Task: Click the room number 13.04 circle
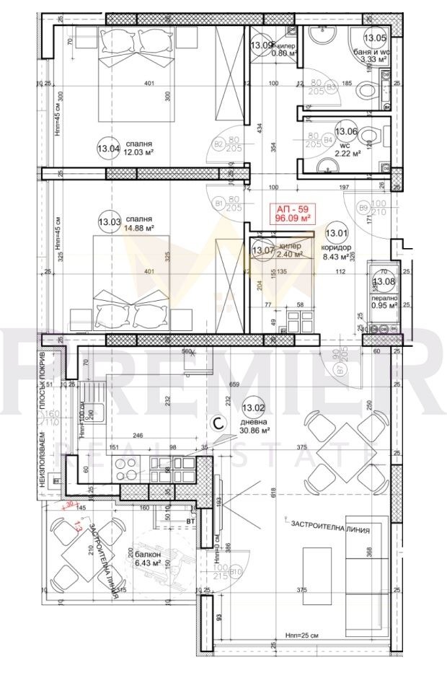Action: click(108, 149)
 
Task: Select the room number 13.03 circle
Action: click(108, 223)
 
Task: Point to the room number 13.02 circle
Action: click(255, 408)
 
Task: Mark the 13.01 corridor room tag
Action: click(335, 233)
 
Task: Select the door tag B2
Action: click(218, 144)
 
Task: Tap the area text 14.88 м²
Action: click(140, 228)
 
